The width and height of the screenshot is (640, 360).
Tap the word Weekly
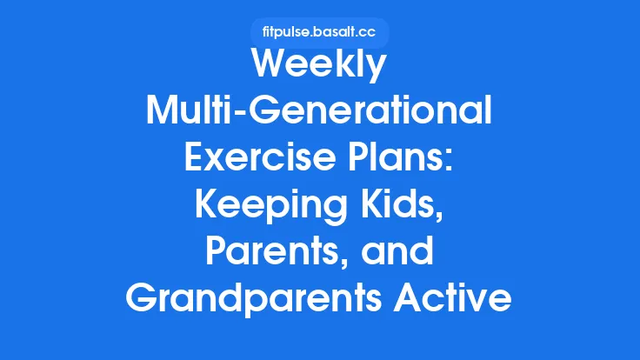pyautogui.click(x=319, y=68)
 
